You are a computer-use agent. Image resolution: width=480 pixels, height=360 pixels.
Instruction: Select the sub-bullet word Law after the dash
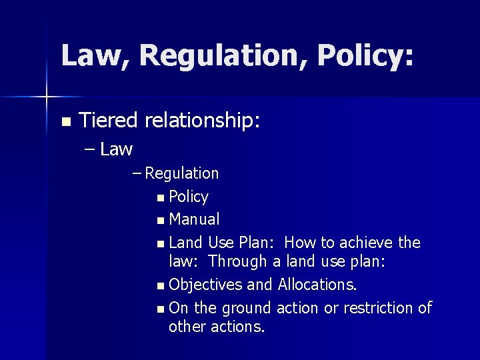click(117, 149)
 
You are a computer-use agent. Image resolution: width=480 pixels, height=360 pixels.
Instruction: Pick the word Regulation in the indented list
click(182, 173)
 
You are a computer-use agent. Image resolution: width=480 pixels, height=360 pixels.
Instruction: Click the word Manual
click(194, 219)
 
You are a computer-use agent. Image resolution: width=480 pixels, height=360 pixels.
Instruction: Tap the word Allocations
click(317, 285)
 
